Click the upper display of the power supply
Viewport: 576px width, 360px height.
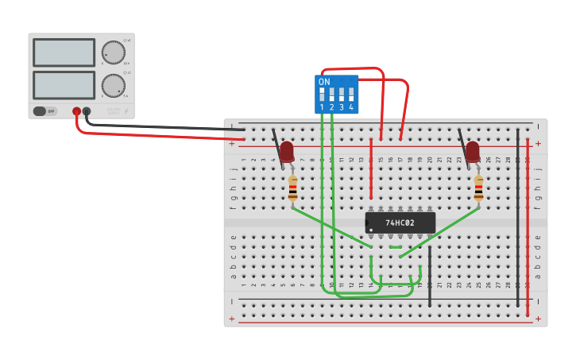pyautogui.click(x=64, y=52)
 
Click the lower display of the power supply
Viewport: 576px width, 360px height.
pyautogui.click(x=64, y=84)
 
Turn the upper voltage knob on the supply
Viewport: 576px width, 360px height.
pyautogui.click(x=114, y=52)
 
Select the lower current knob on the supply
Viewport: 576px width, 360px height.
pyautogui.click(x=114, y=84)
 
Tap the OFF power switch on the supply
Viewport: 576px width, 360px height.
pyautogui.click(x=45, y=111)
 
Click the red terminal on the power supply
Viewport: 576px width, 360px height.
pyautogui.click(x=76, y=112)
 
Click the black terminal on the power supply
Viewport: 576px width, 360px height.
pyautogui.click(x=87, y=112)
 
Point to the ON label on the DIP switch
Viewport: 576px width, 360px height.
pyautogui.click(x=324, y=82)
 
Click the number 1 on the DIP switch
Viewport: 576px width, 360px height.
pyautogui.click(x=322, y=107)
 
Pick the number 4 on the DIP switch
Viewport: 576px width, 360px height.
pyautogui.click(x=351, y=107)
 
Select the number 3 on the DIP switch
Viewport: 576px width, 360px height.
pyautogui.click(x=342, y=107)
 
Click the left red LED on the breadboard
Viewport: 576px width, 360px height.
pyautogui.click(x=287, y=151)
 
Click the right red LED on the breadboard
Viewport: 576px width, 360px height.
pyautogui.click(x=473, y=151)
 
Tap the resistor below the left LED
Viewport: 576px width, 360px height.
pyautogui.click(x=292, y=189)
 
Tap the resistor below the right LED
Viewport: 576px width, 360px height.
pyautogui.click(x=478, y=189)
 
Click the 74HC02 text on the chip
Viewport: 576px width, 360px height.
pyautogui.click(x=400, y=223)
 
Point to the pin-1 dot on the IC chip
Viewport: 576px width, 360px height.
pyautogui.click(x=370, y=230)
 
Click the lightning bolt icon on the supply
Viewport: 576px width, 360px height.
pyautogui.click(x=126, y=111)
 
